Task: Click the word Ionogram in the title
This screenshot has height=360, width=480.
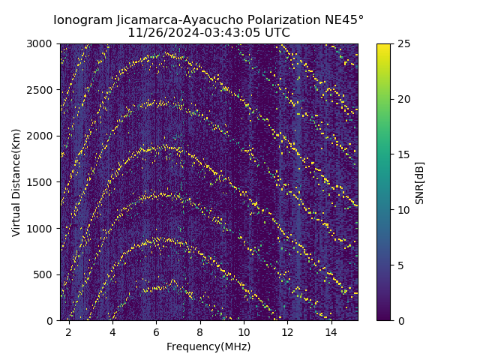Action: [82, 19]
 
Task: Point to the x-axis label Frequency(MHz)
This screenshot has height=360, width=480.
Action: [208, 346]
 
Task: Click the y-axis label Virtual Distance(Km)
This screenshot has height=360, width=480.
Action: [16, 182]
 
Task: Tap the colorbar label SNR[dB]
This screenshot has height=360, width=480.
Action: [420, 182]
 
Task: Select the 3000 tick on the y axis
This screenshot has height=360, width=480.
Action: [42, 43]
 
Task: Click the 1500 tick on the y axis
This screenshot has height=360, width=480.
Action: [42, 182]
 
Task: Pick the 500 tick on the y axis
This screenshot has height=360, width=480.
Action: [45, 274]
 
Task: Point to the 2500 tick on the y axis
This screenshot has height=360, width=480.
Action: [42, 90]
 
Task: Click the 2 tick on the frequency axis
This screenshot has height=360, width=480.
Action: [69, 331]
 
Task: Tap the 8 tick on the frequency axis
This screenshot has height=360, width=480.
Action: [200, 331]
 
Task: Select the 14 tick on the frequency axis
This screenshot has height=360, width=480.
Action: [331, 331]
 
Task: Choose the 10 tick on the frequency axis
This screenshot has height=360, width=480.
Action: [244, 331]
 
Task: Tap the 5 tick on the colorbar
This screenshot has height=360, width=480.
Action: [400, 265]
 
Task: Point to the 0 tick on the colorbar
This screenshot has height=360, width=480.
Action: [400, 320]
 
